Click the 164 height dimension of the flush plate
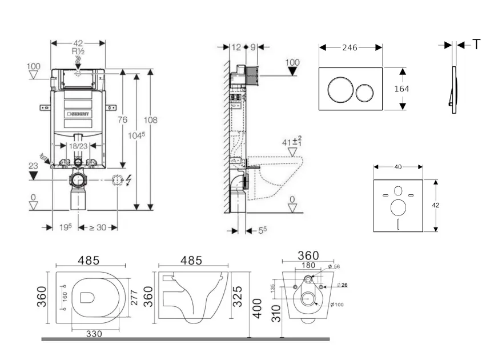coord(402,89)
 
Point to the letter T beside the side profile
coord(476,45)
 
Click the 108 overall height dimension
coord(150,120)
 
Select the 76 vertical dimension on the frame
coord(122,119)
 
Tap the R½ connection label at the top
coord(79,51)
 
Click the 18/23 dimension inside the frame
coord(79,147)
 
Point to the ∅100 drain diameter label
coord(339,304)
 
